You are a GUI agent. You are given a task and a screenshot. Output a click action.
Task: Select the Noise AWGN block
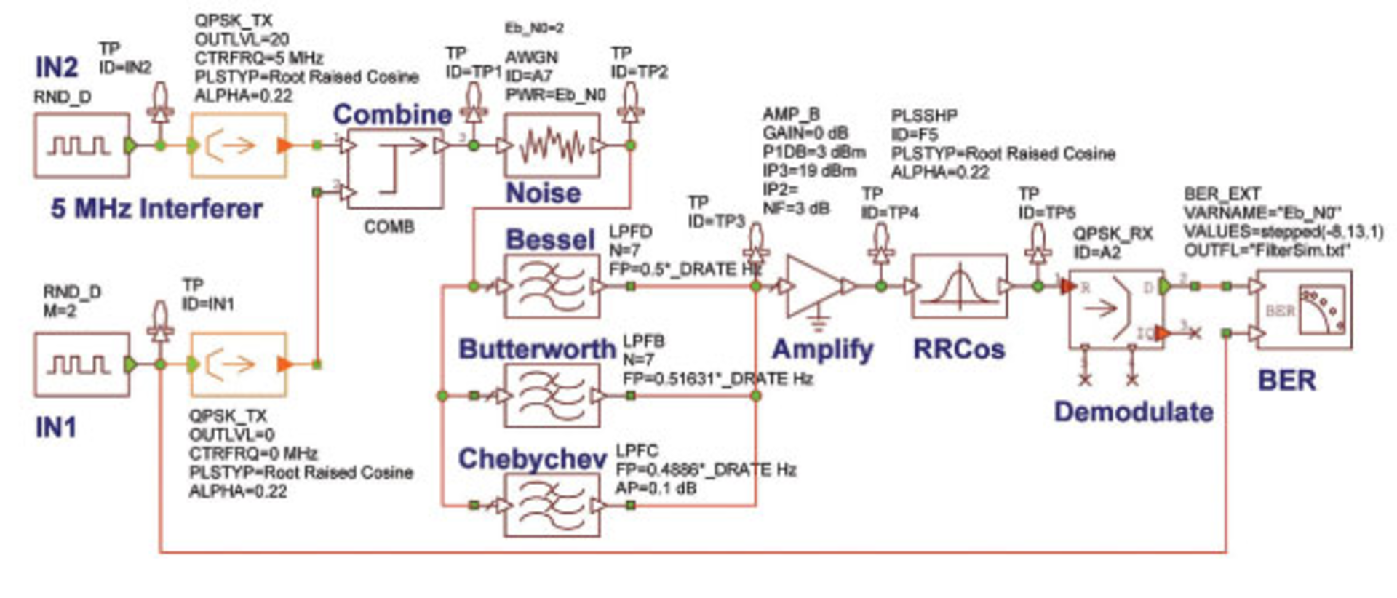point(552,146)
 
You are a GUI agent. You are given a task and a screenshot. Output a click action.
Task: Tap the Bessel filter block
point(552,287)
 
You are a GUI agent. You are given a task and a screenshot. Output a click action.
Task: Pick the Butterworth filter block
point(552,396)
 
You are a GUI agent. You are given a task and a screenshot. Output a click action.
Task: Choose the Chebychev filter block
point(552,505)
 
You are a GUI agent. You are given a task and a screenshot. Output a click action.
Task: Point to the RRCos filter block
point(959,287)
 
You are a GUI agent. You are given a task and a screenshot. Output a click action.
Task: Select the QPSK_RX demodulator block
point(1114,310)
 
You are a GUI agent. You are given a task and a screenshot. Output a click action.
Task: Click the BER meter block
point(1304,310)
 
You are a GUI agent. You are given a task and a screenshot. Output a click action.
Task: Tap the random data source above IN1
point(81,364)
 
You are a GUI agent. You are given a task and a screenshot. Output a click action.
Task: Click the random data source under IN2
point(81,145)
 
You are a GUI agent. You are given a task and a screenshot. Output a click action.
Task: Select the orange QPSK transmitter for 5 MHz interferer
point(238,145)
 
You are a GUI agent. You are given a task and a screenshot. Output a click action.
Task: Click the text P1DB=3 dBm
point(813,152)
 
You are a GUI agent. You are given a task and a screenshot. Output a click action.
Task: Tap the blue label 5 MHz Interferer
point(156,209)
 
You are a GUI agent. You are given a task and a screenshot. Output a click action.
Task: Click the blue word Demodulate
point(1134,412)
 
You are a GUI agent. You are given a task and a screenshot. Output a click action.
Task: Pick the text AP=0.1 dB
point(656,488)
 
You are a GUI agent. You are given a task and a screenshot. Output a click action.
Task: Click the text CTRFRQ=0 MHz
point(252,453)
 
